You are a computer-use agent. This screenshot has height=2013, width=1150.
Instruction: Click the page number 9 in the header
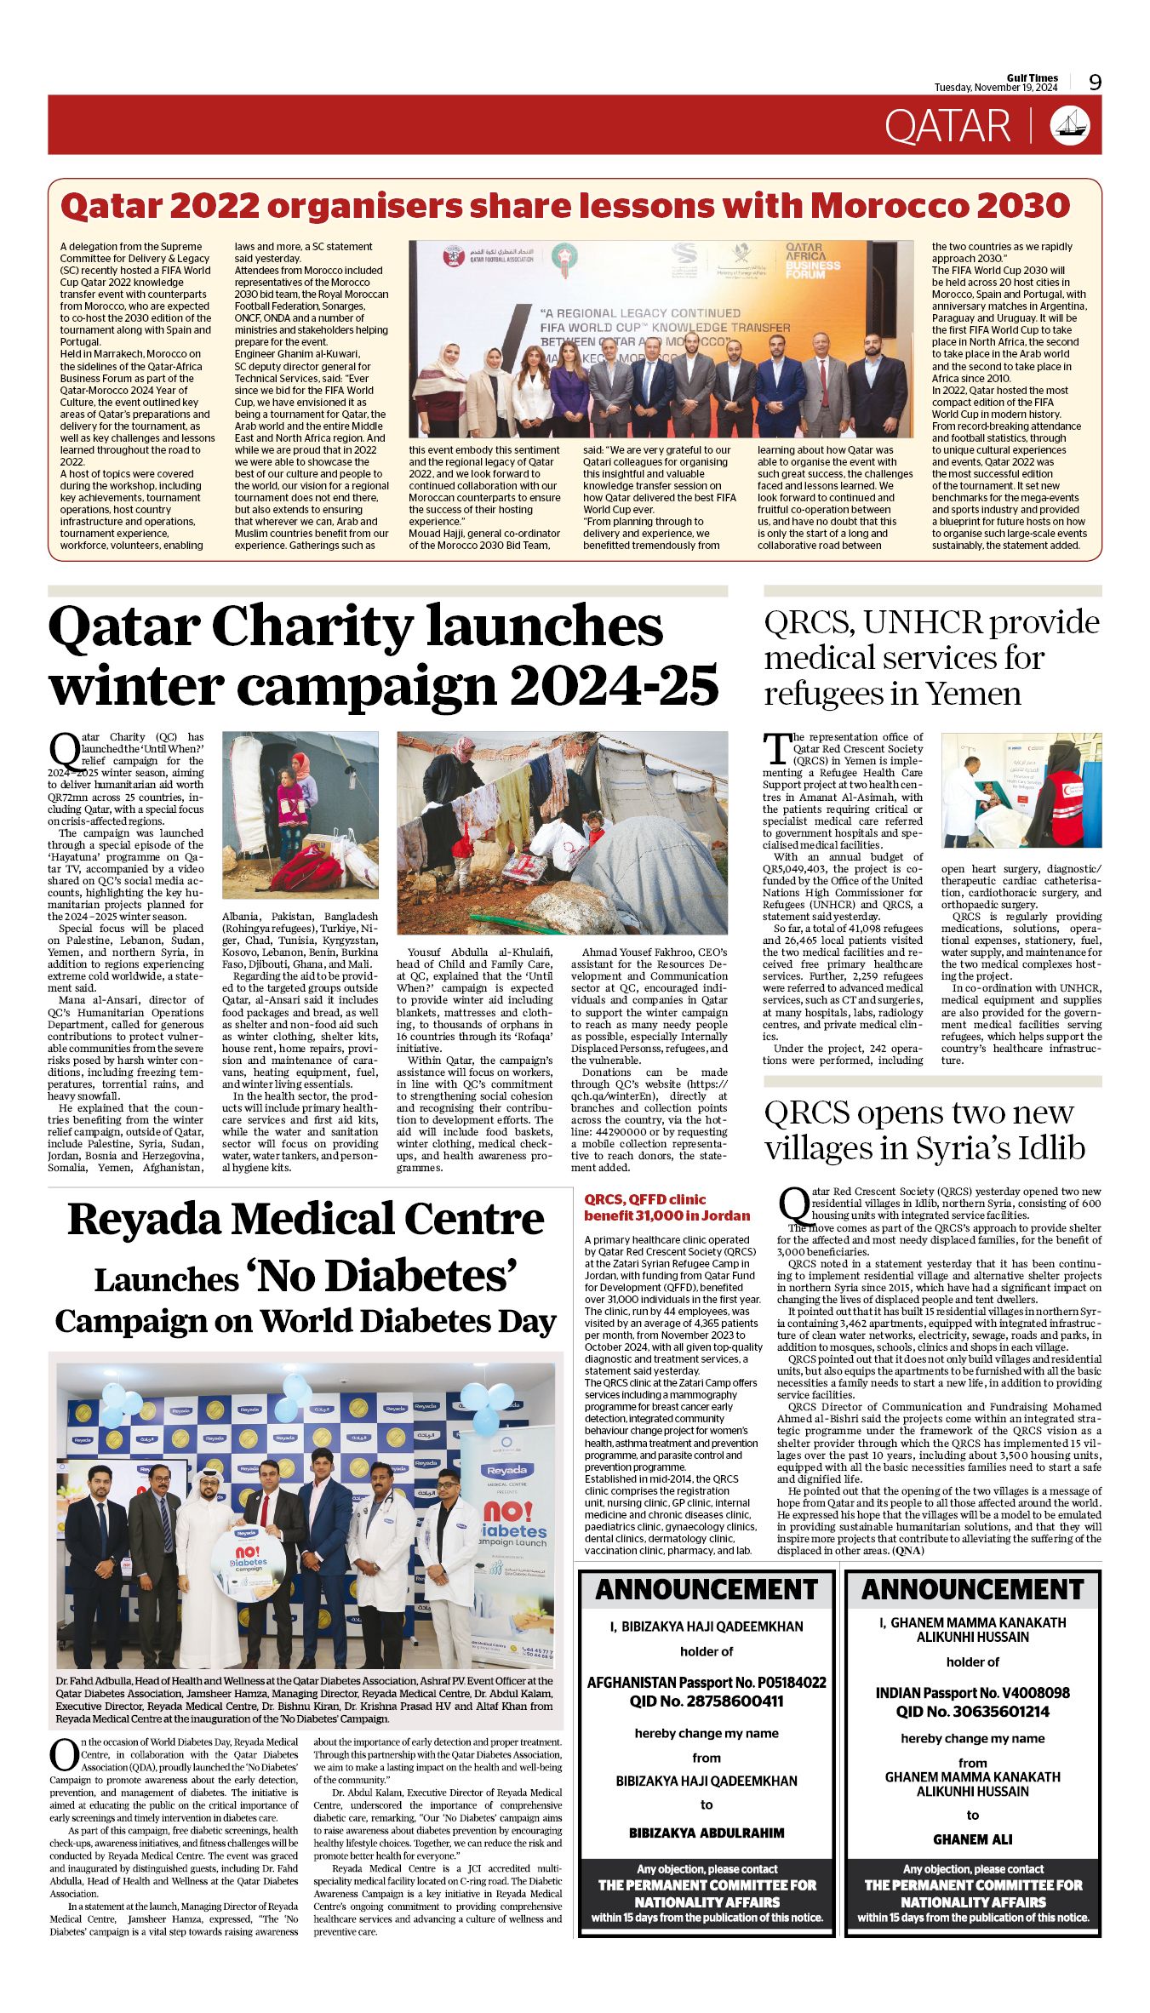pyautogui.click(x=1095, y=83)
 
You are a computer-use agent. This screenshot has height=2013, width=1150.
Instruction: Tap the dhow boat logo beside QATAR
pyautogui.click(x=1070, y=125)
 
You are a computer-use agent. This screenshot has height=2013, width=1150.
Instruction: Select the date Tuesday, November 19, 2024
pyautogui.click(x=995, y=88)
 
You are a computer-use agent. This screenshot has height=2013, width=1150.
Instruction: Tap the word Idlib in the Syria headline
pyautogui.click(x=1046, y=1148)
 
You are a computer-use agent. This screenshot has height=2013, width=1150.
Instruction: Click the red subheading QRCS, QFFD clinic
pyautogui.click(x=644, y=1199)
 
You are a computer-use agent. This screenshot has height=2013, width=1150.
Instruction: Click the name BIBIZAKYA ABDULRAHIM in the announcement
pyautogui.click(x=707, y=1833)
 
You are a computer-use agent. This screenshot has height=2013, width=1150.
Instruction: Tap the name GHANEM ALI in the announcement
pyautogui.click(x=972, y=1839)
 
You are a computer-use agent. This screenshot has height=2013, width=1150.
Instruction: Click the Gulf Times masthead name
pyautogui.click(x=1032, y=77)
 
